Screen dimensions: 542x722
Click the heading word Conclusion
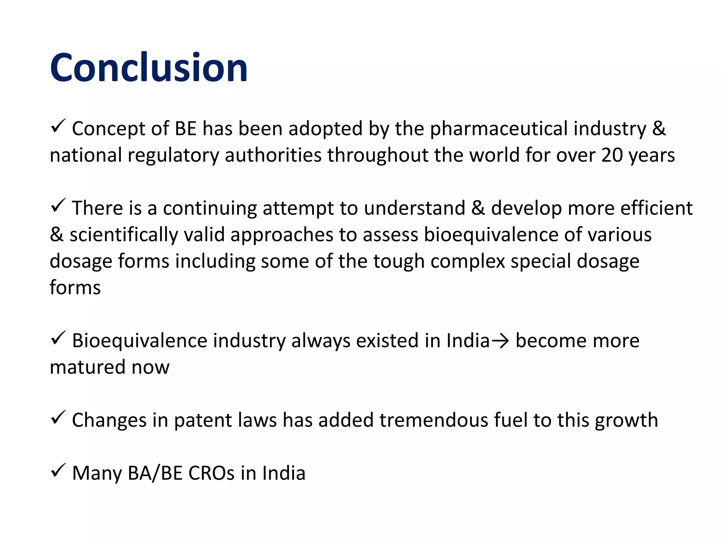click(x=148, y=67)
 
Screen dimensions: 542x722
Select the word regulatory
click(x=173, y=155)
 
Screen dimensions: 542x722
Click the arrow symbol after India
click(x=500, y=341)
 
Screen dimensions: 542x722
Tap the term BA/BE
click(x=155, y=473)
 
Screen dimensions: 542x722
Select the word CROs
click(x=211, y=473)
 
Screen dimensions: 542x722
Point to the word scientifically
click(x=124, y=235)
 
